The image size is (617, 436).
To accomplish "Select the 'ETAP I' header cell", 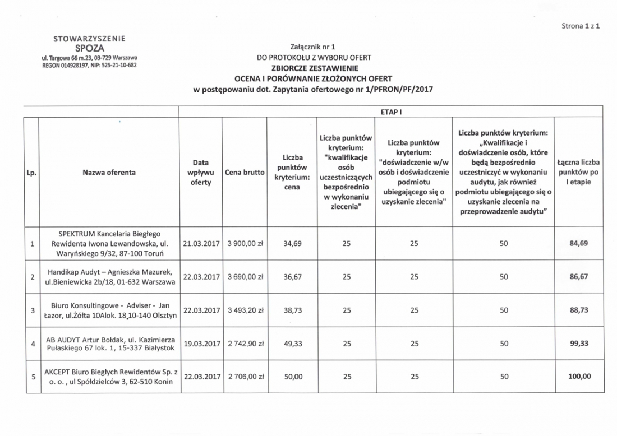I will [389, 112].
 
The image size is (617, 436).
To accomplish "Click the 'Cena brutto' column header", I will [245, 173].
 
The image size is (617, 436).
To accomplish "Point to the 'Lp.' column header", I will [32, 173].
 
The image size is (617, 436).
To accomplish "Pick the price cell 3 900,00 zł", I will [245, 244].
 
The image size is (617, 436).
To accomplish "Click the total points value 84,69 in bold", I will [579, 244].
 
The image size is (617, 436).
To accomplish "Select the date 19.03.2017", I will [200, 344].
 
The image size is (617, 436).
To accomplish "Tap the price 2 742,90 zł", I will [245, 344].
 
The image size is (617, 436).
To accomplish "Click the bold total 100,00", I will [579, 377].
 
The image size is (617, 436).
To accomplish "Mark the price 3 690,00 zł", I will [245, 277].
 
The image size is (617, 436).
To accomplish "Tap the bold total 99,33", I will [579, 344].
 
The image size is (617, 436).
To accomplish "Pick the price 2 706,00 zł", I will [245, 377].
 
